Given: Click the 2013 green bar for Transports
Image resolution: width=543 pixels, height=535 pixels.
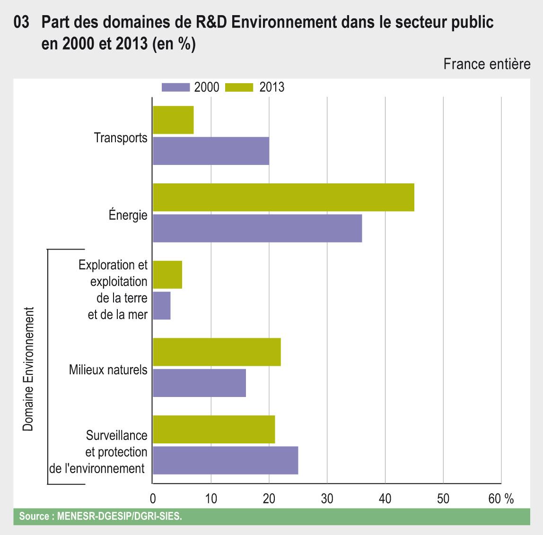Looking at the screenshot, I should [x=173, y=120].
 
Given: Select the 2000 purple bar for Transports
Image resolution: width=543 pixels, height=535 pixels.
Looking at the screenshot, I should [x=211, y=151].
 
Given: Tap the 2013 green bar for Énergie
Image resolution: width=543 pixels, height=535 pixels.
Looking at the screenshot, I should [x=283, y=197].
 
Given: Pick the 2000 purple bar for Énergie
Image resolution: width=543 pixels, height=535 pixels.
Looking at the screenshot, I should [x=257, y=228].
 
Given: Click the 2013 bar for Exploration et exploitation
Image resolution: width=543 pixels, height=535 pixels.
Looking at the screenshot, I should [x=167, y=275].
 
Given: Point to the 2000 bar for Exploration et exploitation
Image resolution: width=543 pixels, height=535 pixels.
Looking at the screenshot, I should [x=162, y=305].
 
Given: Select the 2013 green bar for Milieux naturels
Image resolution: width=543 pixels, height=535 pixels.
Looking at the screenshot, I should [x=217, y=352].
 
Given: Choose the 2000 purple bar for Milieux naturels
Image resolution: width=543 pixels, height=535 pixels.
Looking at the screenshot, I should [x=199, y=383].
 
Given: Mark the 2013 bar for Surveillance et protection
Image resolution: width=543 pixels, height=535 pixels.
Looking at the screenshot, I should [x=214, y=429].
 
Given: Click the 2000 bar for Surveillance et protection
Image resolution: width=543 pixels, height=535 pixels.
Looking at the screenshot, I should [x=225, y=460].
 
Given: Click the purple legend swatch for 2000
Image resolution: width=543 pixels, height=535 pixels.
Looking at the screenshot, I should [x=175, y=87].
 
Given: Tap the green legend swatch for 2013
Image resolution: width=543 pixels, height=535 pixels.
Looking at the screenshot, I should [x=239, y=87].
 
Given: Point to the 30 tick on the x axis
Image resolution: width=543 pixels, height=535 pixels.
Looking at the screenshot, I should [x=327, y=499].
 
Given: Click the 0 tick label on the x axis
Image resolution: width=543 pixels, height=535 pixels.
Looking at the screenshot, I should [x=153, y=499].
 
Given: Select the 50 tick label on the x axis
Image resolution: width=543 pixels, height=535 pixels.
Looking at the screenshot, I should [x=443, y=499].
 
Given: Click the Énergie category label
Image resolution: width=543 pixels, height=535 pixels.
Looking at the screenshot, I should [x=128, y=216].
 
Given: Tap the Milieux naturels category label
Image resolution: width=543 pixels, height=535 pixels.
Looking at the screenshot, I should [x=108, y=370].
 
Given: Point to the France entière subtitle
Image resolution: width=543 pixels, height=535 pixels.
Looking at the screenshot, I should [x=487, y=64].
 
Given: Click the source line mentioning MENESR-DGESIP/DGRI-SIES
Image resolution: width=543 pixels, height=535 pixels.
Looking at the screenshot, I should [x=100, y=517].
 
